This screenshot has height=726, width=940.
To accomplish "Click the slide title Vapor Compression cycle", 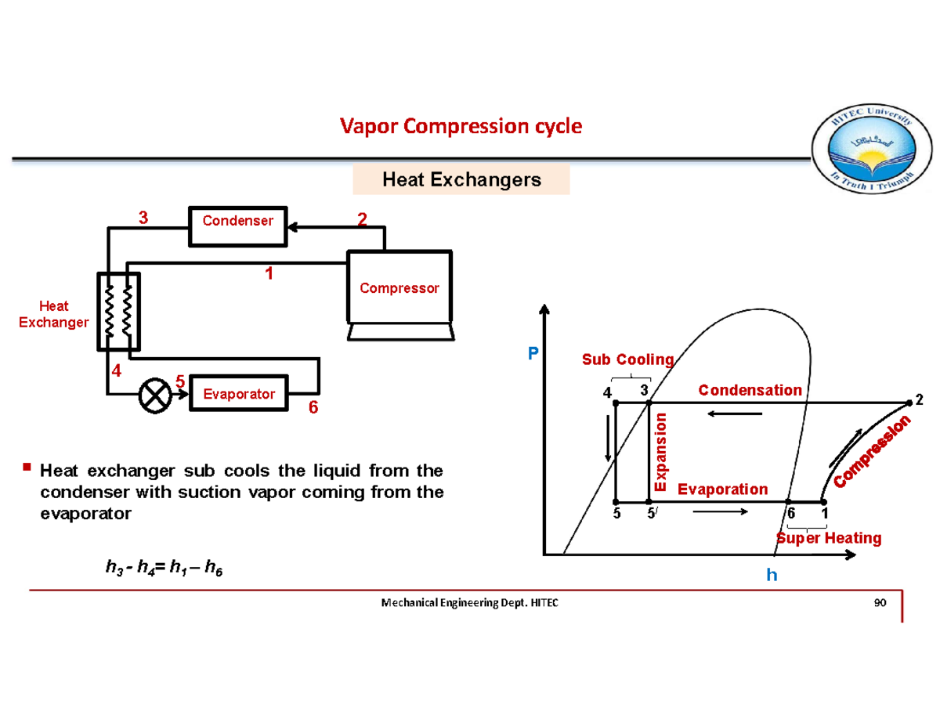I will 461,126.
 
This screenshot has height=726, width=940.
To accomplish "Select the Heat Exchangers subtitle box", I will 461,180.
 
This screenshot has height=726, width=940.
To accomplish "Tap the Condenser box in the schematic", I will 238,221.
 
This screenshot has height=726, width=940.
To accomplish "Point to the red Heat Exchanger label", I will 52,314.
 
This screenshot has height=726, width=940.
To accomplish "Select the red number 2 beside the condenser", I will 362,219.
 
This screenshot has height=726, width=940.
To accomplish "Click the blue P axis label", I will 533,355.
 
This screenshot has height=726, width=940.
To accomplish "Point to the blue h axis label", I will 772,576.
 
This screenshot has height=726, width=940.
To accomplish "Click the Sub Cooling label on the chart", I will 627,359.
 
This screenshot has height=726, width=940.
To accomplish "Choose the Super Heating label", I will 829,538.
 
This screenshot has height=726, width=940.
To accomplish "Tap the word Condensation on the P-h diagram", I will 750,390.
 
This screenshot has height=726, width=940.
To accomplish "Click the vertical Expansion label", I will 660,452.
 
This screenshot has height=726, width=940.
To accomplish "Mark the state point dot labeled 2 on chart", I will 909,402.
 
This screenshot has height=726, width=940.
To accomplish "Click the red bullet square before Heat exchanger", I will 27,468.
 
